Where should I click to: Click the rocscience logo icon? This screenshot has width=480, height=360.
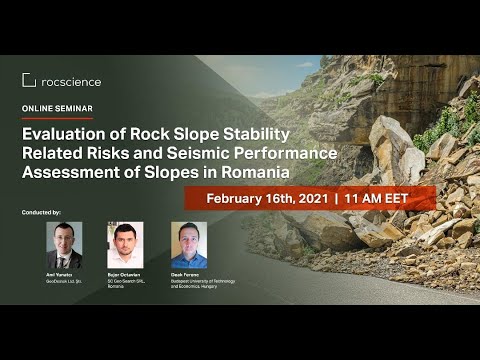pos(29,80)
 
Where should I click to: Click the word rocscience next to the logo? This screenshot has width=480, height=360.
pos(71,81)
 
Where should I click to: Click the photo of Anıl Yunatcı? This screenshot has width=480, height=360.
pos(64,245)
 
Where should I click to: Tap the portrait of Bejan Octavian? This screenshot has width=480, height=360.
pos(125,245)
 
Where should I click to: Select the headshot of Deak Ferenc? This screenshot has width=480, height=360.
pos(189,245)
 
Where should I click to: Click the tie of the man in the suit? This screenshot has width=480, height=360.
pos(64,261)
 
